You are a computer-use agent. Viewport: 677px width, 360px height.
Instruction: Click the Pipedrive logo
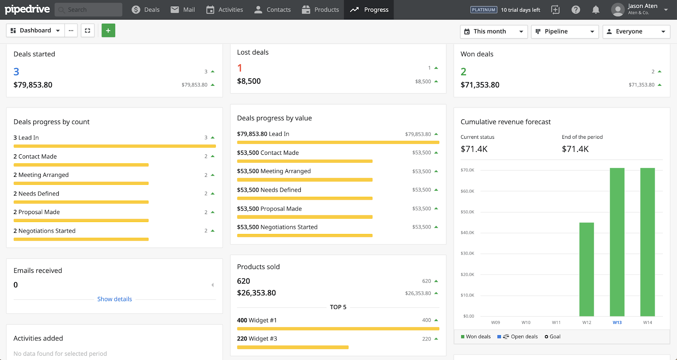(x=27, y=9)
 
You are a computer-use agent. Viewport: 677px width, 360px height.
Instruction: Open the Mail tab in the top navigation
(x=182, y=10)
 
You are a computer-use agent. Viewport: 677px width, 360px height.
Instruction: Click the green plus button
(x=108, y=30)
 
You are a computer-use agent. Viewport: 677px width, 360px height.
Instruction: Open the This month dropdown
(x=493, y=31)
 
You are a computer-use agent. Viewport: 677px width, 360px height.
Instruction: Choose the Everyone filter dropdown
(x=636, y=31)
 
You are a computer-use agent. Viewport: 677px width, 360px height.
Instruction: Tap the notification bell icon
(x=596, y=10)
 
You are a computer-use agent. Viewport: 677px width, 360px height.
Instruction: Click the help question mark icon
(x=575, y=10)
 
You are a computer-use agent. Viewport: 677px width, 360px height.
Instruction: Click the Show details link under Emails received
(x=115, y=299)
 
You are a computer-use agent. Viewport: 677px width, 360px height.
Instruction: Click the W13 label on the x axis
(x=617, y=322)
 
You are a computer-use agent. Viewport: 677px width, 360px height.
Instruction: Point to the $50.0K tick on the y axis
(x=468, y=212)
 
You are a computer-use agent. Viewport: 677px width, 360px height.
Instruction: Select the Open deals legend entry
(x=518, y=337)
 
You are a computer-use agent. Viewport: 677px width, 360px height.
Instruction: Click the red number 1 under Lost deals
(x=240, y=68)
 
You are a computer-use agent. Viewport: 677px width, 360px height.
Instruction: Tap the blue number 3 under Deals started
(x=17, y=72)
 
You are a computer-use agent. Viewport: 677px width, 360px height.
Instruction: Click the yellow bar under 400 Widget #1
(x=338, y=329)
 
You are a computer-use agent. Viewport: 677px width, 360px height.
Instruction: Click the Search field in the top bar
(x=89, y=10)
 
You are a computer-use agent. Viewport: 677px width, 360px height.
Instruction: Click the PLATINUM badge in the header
(x=484, y=10)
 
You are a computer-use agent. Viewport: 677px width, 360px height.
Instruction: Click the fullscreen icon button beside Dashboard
(x=88, y=30)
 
